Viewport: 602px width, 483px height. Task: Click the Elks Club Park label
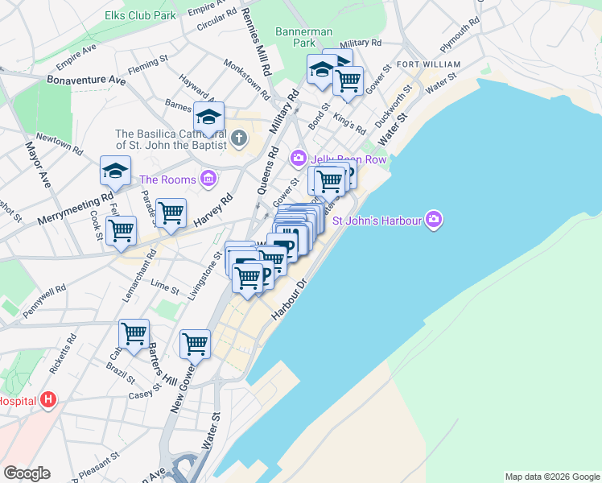[x=140, y=15]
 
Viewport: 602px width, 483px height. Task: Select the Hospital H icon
[x=48, y=399]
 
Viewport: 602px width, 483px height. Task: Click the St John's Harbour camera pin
[x=435, y=219]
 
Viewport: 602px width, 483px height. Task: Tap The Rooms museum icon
[x=208, y=178]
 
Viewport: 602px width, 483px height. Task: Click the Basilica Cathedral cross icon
[x=238, y=139]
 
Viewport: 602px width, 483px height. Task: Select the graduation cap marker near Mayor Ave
[x=115, y=171]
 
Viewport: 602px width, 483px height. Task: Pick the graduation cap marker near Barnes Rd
[x=208, y=117]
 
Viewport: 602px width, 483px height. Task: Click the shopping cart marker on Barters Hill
[x=134, y=333]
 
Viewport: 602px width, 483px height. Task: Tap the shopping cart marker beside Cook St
[x=121, y=231]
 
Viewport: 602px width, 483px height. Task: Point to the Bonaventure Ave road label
[x=86, y=80]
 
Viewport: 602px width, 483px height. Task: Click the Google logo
[x=27, y=473]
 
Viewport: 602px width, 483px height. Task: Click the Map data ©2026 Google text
[x=552, y=477]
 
